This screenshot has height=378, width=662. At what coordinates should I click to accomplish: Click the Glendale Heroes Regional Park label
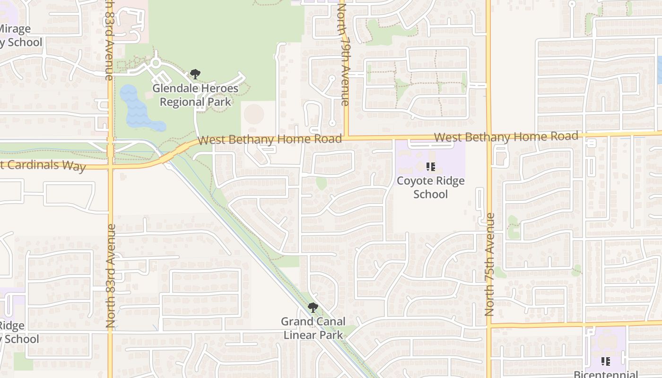coord(195,95)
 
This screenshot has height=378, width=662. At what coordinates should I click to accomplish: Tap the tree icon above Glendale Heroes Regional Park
coord(195,74)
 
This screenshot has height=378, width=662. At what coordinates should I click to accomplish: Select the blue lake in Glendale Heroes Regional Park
coord(137,111)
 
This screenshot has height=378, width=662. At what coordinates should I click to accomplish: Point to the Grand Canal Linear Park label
coord(312,328)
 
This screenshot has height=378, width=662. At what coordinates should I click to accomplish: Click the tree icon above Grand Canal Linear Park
coord(312,308)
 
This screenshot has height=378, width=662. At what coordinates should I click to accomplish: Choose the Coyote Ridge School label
coord(430,187)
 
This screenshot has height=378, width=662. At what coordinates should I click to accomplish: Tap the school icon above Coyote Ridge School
coord(430,166)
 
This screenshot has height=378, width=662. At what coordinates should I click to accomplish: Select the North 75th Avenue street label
coord(489,265)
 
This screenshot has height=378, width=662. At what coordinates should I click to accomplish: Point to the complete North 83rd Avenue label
coord(111,276)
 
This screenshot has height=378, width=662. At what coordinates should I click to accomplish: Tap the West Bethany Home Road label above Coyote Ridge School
coord(506,137)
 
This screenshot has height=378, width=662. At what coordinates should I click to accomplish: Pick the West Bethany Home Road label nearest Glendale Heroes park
coord(270,139)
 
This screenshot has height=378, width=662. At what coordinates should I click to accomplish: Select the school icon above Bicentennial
coord(605,361)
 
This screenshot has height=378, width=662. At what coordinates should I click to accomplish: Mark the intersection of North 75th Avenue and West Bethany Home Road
coord(489,136)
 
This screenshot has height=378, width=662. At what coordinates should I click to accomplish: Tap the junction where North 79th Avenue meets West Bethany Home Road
coord(346,138)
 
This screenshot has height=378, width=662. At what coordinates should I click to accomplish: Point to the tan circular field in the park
coord(254,113)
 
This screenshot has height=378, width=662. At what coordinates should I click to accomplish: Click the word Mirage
coord(15,29)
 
